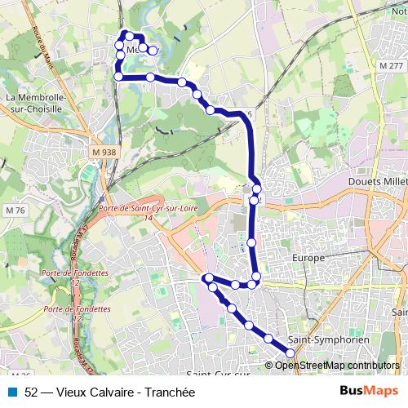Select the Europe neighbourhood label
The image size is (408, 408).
pos(308,258)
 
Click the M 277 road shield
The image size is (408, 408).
pos(391,65)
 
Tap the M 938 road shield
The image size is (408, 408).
pos(104,152)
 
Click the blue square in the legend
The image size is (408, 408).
pos(11,392)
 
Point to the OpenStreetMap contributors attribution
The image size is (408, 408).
pos(336,365)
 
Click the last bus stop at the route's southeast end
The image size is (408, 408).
pos(290,353)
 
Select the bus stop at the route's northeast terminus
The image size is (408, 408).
pos(153,51)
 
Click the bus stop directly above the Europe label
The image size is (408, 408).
pos(252,242)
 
